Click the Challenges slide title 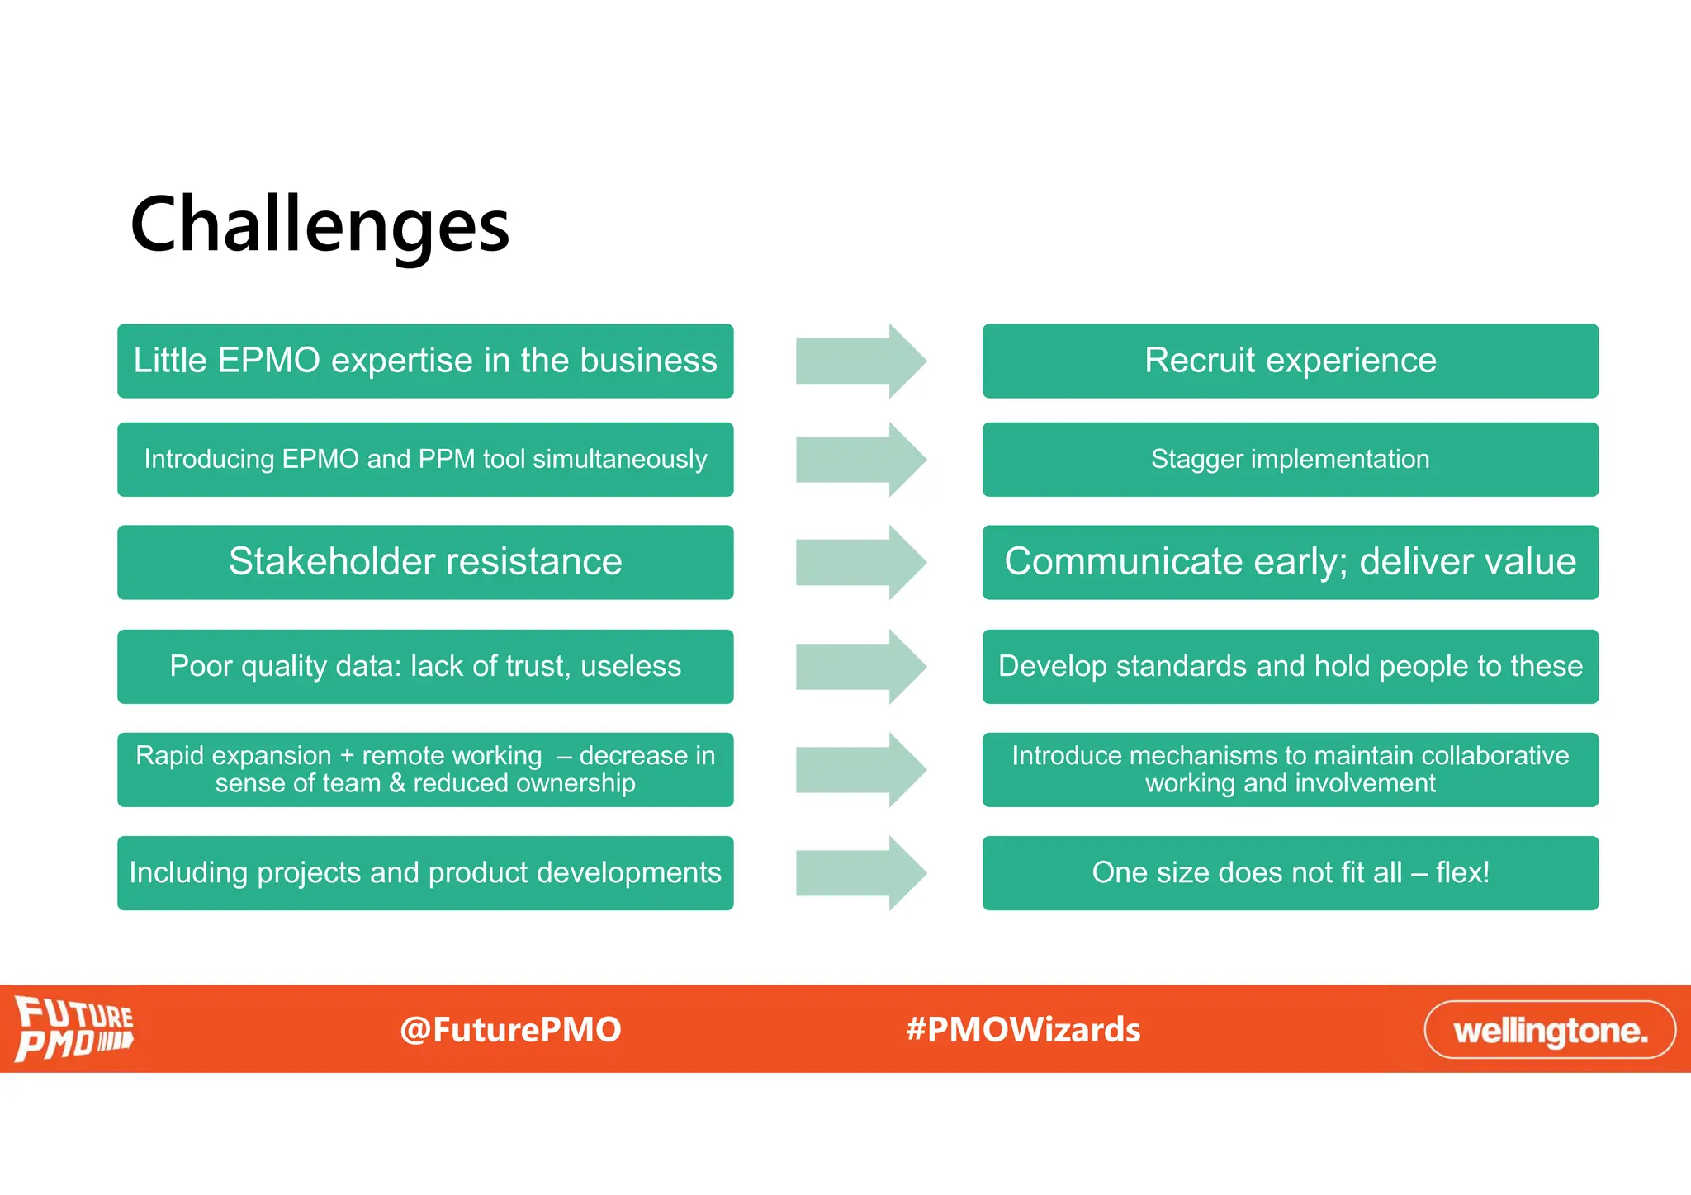[320, 224]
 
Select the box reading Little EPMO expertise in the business [425, 361]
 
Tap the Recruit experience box [1290, 361]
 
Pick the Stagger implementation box [1290, 459]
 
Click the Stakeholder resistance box [425, 562]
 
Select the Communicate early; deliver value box [1290, 562]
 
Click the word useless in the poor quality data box [631, 666]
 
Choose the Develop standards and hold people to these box [1290, 666]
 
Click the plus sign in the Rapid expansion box [347, 756]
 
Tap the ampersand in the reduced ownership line [397, 783]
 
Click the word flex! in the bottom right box [1462, 872]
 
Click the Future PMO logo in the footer [74, 1028]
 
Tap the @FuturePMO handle [510, 1030]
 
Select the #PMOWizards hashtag [1023, 1030]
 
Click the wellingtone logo [1550, 1030]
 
